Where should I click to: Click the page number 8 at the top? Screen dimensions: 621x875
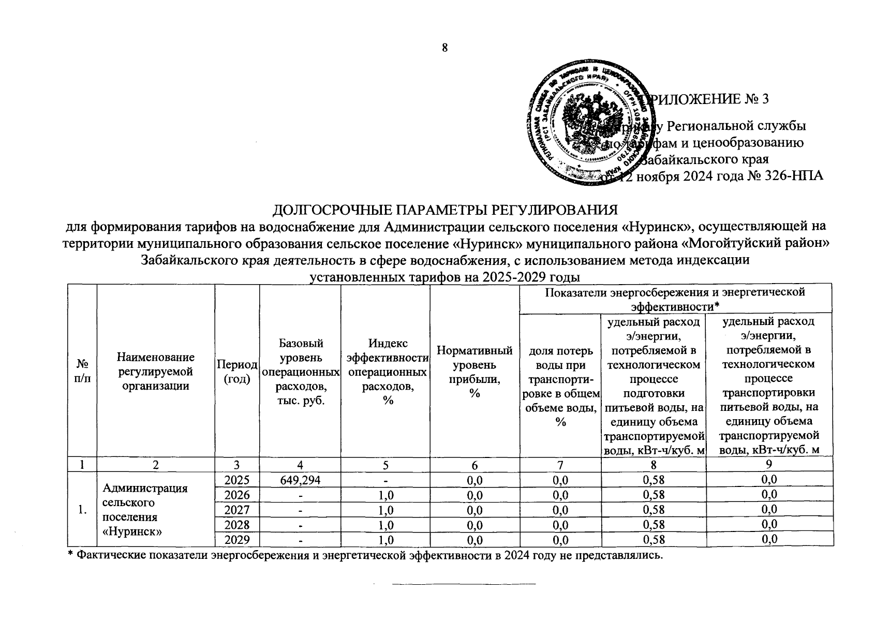(x=444, y=48)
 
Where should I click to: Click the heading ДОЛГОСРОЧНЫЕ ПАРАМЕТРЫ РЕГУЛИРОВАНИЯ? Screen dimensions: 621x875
(x=445, y=210)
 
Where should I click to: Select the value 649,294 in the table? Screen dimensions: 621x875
(x=300, y=480)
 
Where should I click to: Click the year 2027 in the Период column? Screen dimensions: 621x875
(x=236, y=510)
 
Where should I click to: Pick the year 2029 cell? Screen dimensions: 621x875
(x=236, y=540)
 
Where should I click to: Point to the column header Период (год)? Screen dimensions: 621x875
(x=236, y=372)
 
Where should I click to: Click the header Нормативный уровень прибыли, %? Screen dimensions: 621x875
(x=474, y=372)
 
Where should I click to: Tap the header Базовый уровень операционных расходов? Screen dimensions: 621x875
(x=300, y=372)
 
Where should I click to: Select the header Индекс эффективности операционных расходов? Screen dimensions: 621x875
(x=385, y=372)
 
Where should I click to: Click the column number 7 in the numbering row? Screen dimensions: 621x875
(x=560, y=465)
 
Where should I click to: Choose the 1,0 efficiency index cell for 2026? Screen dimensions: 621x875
(x=385, y=495)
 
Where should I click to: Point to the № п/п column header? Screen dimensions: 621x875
(x=82, y=372)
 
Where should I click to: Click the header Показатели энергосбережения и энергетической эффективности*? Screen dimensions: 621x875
(x=675, y=299)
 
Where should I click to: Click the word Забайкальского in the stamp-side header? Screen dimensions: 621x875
(x=704, y=159)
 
